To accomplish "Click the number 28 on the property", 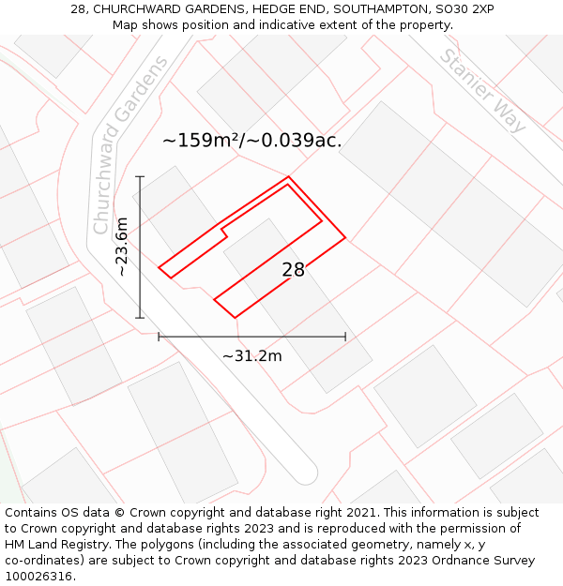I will pyautogui.click(x=293, y=270).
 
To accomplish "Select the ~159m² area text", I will pyautogui.click(x=202, y=141).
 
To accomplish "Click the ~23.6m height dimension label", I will pyautogui.click(x=122, y=246).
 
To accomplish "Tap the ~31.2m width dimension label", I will pyautogui.click(x=251, y=355).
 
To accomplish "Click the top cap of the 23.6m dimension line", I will pyautogui.click(x=140, y=175).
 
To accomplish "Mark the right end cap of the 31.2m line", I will pyautogui.click(x=345, y=337).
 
